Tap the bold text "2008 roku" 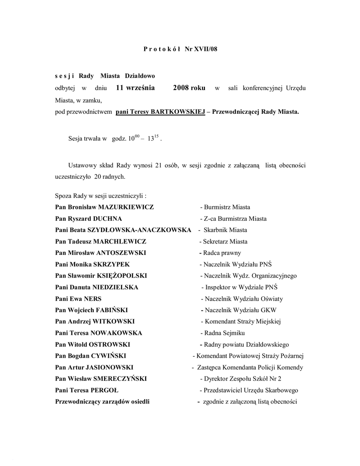189,87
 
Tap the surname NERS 92,299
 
